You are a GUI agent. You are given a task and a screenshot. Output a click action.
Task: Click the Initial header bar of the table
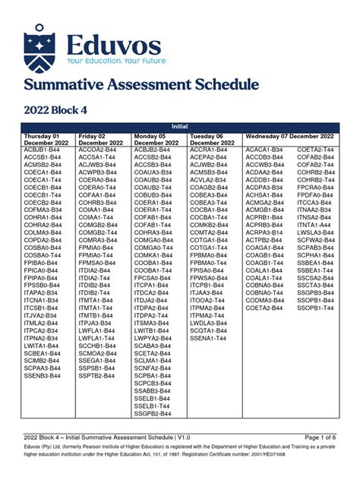(x=180, y=128)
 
